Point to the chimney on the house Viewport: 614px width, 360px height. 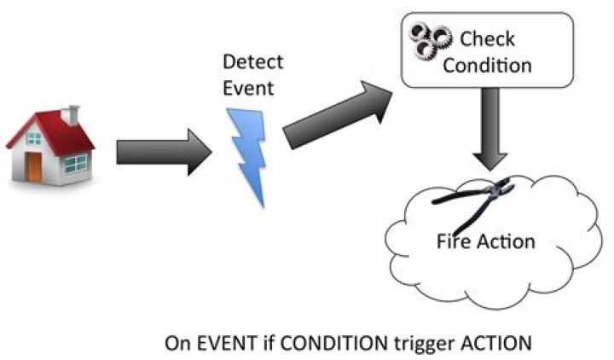click(72, 113)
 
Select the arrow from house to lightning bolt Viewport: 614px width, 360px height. click(161, 154)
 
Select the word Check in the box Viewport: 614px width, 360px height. click(487, 39)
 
